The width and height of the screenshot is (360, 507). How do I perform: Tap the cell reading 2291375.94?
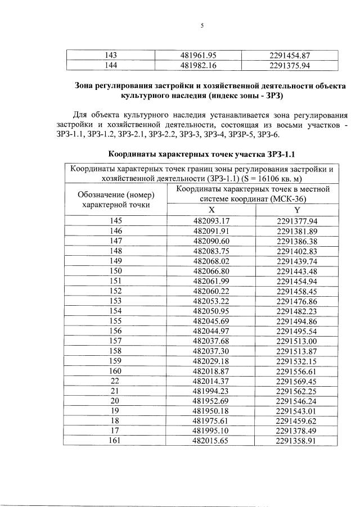[290, 65]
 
